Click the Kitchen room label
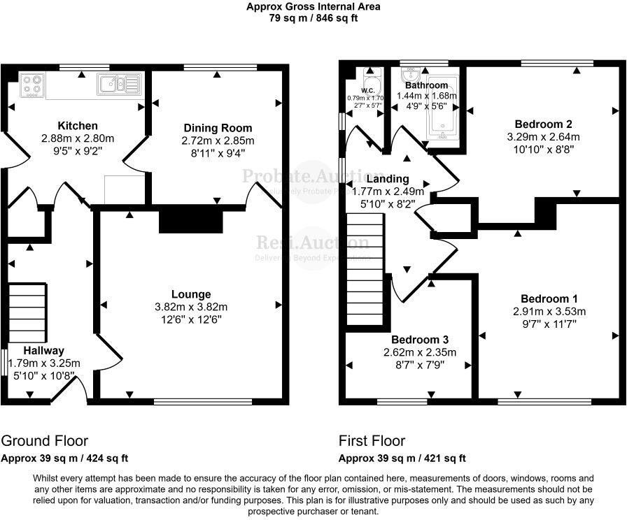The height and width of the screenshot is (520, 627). [78, 126]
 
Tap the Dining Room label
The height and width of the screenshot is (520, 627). [218, 128]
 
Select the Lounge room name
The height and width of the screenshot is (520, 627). [191, 294]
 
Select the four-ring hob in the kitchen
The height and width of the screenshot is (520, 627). [31, 85]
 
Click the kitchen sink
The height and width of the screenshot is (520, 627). [120, 84]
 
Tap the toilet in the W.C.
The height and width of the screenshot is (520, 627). [372, 83]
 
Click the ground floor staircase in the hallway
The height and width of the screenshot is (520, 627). [27, 311]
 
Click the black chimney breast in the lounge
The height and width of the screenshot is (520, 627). [191, 219]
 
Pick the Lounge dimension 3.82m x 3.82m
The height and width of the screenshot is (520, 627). [191, 307]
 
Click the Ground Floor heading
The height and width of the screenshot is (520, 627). [45, 441]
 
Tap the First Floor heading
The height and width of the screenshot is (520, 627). [372, 441]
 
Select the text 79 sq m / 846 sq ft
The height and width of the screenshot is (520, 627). [313, 19]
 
